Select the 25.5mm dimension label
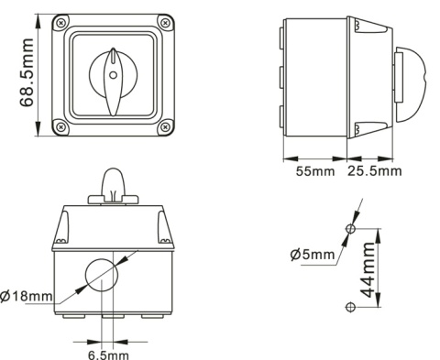(375, 169)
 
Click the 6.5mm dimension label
(108, 352)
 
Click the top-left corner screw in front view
(60, 23)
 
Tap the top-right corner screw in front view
(163, 23)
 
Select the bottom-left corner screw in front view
(60, 125)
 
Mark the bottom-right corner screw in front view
(163, 125)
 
